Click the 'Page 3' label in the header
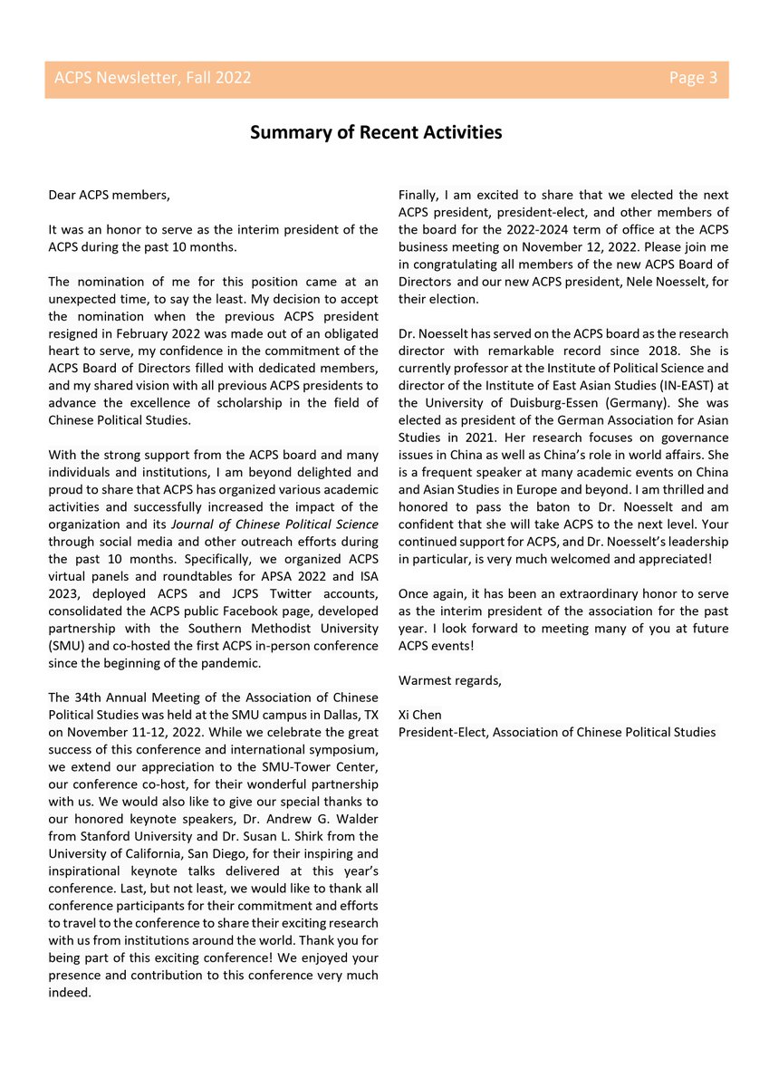693,78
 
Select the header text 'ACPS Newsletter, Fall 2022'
152,78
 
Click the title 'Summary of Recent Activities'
375,132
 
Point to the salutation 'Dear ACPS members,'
109,195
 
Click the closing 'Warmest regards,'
449,679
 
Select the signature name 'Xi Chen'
420,715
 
